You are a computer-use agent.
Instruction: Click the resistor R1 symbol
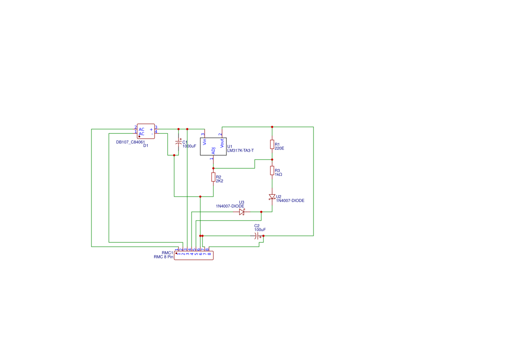click(272, 144)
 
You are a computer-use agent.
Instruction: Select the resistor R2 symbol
click(213, 177)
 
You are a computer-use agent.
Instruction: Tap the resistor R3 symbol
click(272, 170)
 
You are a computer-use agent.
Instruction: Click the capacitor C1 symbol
click(178, 143)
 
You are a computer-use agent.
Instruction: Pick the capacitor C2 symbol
click(257, 236)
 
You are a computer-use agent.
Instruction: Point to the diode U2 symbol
click(272, 197)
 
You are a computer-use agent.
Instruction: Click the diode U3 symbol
click(242, 212)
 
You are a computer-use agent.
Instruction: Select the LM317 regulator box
click(213, 146)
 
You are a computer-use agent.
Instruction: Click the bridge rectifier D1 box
click(146, 131)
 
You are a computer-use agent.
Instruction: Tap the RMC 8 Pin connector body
click(194, 256)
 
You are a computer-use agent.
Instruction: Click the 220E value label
click(280, 148)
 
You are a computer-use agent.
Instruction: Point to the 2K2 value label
click(219, 181)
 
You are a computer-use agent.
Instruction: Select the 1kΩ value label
click(279, 174)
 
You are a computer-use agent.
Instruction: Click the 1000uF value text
click(189, 146)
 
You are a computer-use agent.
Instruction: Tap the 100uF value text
click(260, 229)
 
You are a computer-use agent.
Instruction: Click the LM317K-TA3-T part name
click(240, 150)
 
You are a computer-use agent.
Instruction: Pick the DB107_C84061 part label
click(131, 142)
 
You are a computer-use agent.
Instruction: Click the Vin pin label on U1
click(205, 142)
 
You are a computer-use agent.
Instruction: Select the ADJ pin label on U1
click(213, 151)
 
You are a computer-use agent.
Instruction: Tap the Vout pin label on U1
click(222, 142)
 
